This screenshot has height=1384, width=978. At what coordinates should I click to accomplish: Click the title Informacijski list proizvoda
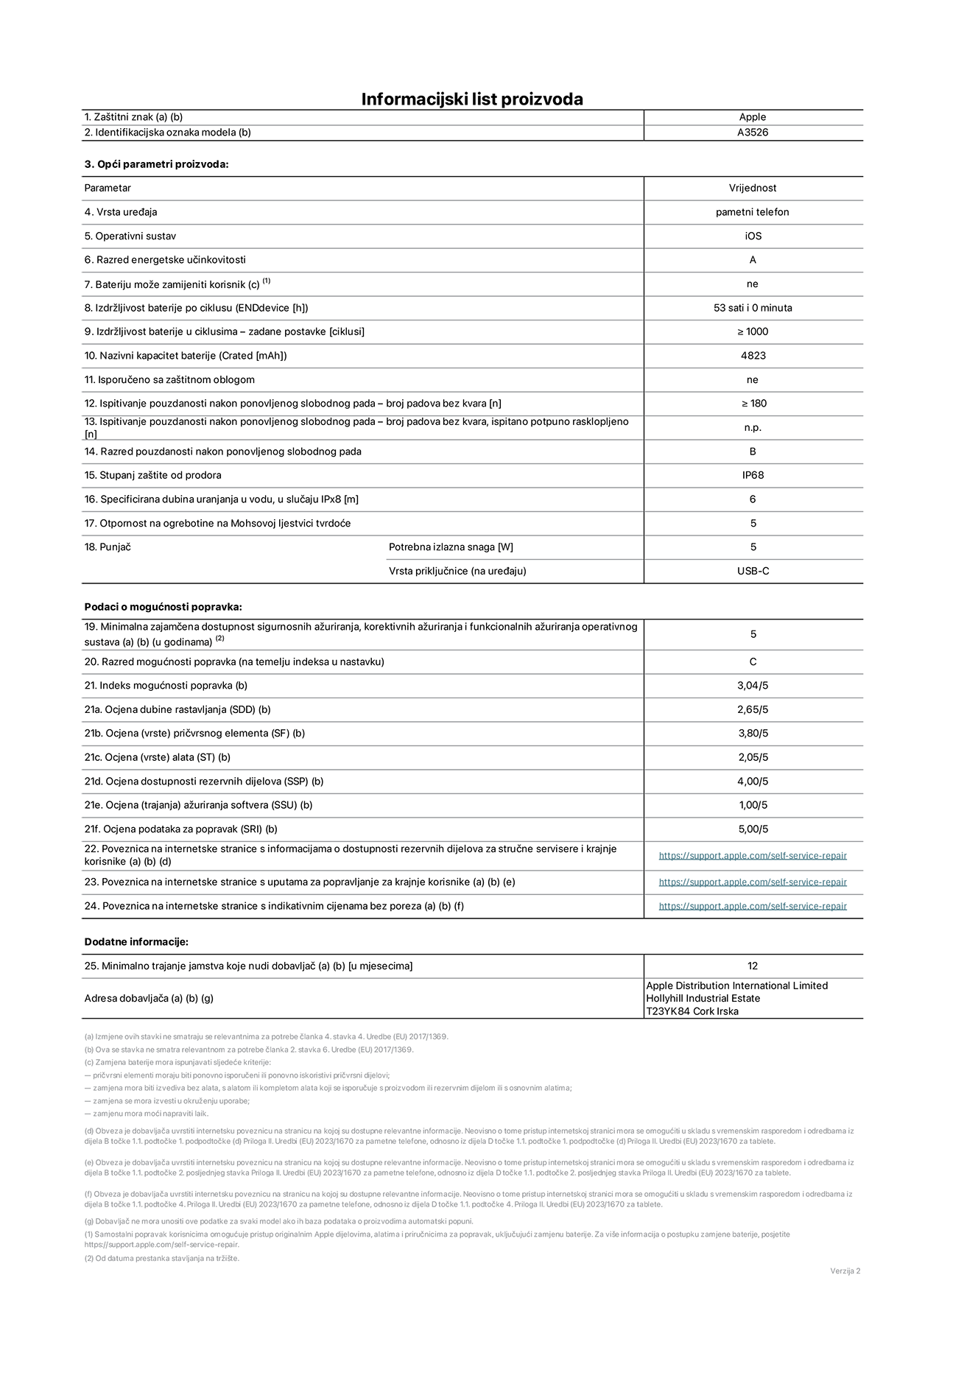click(471, 99)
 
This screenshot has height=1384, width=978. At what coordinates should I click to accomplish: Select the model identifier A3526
click(752, 133)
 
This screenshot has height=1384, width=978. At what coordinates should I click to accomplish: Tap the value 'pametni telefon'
click(752, 212)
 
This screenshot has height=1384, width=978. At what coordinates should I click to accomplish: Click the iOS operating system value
click(752, 236)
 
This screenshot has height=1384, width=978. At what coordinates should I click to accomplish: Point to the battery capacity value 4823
click(753, 356)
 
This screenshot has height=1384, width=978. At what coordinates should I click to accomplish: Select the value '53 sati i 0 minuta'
click(752, 308)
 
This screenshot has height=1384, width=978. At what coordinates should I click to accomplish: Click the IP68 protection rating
click(753, 475)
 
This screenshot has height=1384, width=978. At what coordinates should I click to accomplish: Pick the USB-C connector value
click(753, 571)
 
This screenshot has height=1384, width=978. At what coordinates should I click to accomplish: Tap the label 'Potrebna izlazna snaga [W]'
click(451, 547)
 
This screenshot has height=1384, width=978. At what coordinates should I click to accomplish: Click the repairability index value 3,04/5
click(753, 686)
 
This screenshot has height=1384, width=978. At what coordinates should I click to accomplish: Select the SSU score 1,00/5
click(753, 805)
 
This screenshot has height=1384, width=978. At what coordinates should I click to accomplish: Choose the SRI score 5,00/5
click(753, 829)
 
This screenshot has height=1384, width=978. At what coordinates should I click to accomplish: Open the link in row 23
click(752, 882)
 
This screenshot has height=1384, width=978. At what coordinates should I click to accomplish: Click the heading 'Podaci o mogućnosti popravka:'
click(163, 607)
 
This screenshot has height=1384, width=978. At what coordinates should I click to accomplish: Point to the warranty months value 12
click(752, 966)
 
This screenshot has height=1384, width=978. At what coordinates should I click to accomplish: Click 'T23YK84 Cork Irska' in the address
click(692, 1011)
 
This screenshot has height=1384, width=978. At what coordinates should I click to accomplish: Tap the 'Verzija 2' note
click(845, 1271)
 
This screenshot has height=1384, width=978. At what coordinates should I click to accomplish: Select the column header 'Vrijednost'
click(752, 188)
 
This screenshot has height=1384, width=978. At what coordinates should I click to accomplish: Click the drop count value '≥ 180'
click(753, 404)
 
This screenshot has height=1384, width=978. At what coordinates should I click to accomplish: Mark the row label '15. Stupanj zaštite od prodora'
click(152, 475)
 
